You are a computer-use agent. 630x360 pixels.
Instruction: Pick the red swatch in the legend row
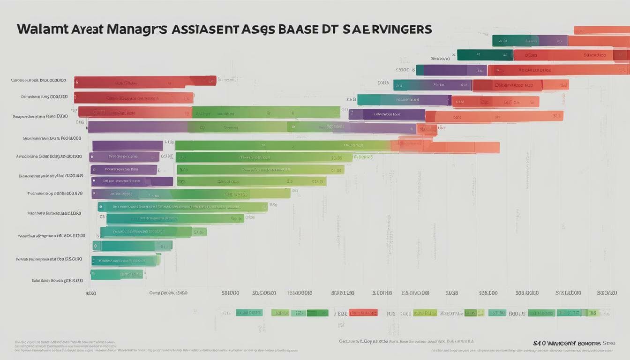tap(363, 313)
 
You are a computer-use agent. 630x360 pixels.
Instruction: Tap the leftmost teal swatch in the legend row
tap(249, 313)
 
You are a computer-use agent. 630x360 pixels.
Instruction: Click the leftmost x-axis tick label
tap(90, 293)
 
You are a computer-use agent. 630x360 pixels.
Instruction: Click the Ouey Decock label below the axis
tap(168, 293)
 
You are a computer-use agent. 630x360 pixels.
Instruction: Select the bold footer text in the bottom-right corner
tap(574, 344)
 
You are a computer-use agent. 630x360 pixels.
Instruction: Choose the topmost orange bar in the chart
tap(602, 30)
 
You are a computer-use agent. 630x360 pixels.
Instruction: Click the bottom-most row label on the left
tap(57, 280)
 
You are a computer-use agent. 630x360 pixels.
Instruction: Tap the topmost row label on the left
tap(38, 80)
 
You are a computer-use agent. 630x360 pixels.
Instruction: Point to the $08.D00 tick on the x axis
tap(488, 293)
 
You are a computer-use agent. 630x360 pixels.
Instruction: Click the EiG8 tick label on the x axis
tap(451, 293)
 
